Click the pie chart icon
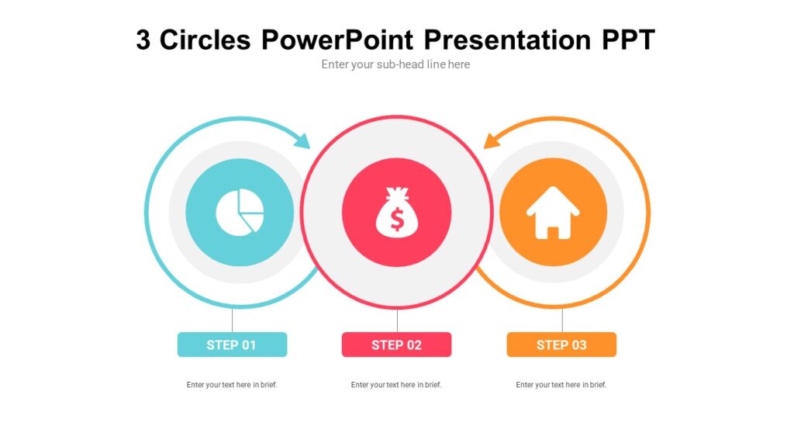240,212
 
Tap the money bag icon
396,212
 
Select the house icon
553,212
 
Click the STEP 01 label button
232,345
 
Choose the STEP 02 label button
396,345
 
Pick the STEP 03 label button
561,345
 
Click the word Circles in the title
205,40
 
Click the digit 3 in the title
143,40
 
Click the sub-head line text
395,64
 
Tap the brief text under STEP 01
232,385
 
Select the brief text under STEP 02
396,385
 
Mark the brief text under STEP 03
561,385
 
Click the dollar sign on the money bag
397,220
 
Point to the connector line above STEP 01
233,320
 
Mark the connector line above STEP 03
562,320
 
